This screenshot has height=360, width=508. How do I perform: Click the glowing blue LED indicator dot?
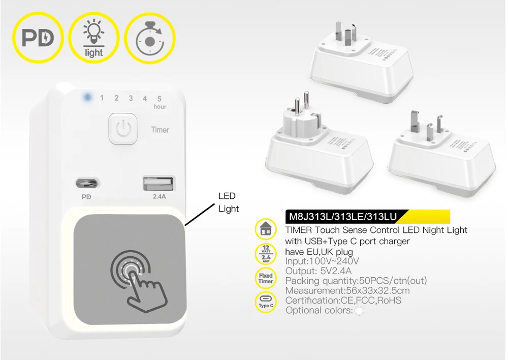tap(87, 97)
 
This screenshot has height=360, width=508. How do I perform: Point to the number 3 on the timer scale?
tap(131, 98)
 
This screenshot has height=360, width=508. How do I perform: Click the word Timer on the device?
tap(160, 130)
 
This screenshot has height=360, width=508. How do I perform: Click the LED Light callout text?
tap(228, 202)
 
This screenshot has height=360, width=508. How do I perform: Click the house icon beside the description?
tap(265, 230)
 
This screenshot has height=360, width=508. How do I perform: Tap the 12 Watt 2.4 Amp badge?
tap(265, 254)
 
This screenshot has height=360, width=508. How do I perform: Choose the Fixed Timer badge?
tap(265, 278)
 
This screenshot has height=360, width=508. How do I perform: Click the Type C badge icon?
tap(265, 302)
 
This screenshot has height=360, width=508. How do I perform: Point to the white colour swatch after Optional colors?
tap(359, 310)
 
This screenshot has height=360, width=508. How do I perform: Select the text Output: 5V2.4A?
tap(318, 271)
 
